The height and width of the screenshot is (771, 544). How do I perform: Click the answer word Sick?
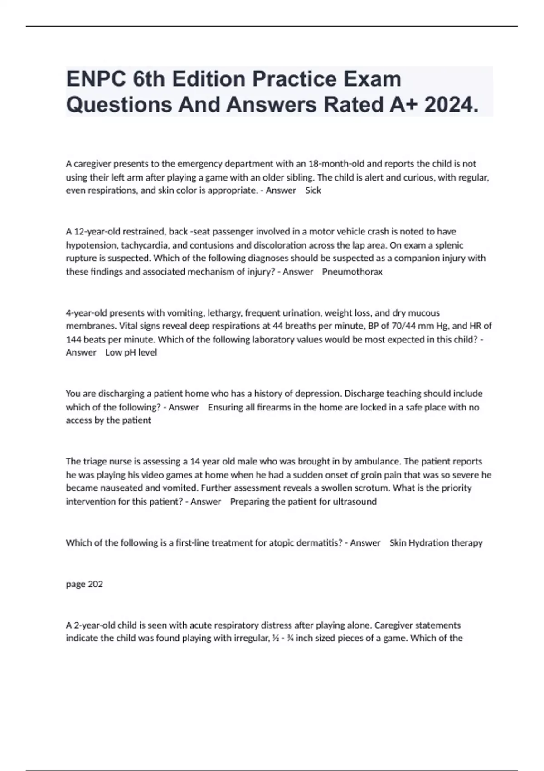click(313, 190)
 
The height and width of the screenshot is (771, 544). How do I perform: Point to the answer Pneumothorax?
click(352, 272)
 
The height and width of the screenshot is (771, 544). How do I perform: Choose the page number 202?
click(95, 584)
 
